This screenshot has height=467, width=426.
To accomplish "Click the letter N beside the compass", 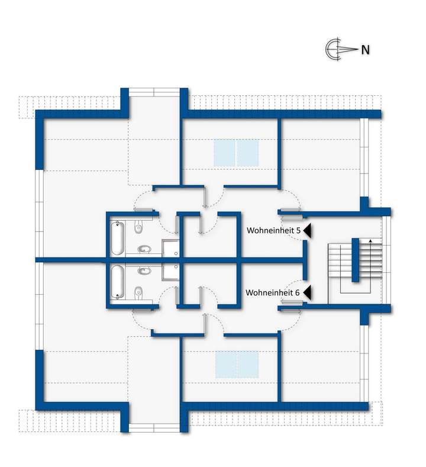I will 366,50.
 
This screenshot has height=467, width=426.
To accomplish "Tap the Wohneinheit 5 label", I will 272,230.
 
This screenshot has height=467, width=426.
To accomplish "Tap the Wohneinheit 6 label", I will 272,292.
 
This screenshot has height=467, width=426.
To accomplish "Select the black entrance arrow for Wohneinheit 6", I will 307,292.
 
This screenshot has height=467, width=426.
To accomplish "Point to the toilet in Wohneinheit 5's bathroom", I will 138,227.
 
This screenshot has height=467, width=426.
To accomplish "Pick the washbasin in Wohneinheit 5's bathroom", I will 143,249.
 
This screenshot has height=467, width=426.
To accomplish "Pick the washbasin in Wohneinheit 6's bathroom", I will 143,270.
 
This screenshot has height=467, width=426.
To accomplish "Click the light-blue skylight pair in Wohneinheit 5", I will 236,153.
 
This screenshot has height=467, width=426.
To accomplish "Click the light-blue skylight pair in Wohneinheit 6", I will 237,363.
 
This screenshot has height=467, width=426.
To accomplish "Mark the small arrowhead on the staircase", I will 370,241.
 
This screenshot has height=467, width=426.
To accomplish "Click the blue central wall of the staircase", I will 356,260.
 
